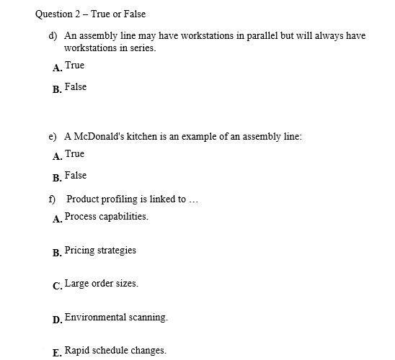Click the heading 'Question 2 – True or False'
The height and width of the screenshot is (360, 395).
point(90,14)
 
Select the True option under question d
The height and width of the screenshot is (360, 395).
point(74,66)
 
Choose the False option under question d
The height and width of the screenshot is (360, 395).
point(75,87)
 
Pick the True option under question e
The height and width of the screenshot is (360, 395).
point(74,154)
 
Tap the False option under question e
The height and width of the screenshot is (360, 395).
point(75,176)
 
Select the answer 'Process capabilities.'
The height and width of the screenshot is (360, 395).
point(106,217)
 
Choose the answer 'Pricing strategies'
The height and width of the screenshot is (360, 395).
point(100,251)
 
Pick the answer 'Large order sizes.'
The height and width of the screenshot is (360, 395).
point(101,284)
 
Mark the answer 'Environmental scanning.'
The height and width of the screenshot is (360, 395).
point(116,318)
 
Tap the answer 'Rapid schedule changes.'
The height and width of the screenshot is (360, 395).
point(115,351)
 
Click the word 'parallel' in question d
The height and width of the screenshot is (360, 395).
point(252,35)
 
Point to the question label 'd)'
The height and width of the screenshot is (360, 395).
point(53,35)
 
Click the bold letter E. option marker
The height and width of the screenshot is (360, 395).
point(57,354)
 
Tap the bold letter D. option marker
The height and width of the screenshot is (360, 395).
point(57,320)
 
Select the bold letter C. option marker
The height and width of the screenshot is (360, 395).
point(57,287)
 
